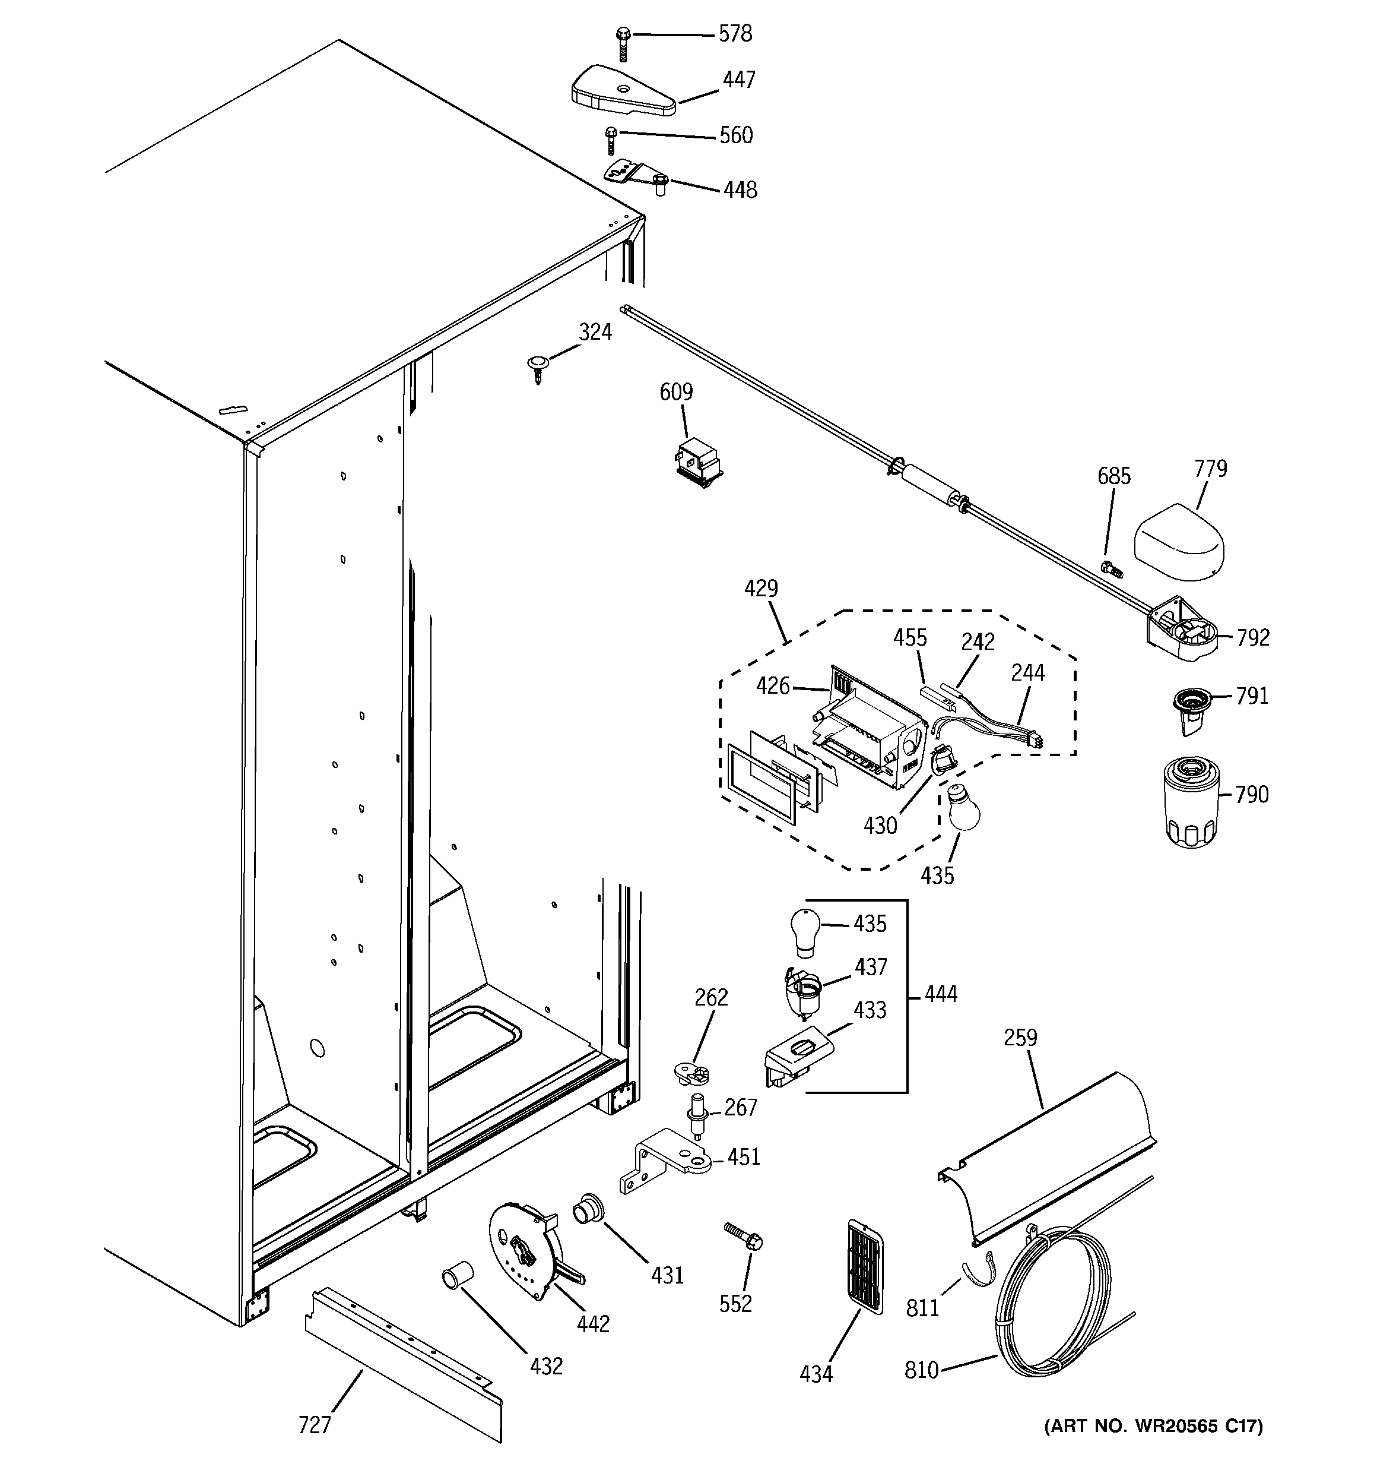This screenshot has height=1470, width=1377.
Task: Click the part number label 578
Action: point(735,34)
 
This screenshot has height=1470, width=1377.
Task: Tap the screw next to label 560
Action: point(611,141)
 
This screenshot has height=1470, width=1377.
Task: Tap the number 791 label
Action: point(1251,696)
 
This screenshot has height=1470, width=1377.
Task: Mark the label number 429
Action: point(760,589)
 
